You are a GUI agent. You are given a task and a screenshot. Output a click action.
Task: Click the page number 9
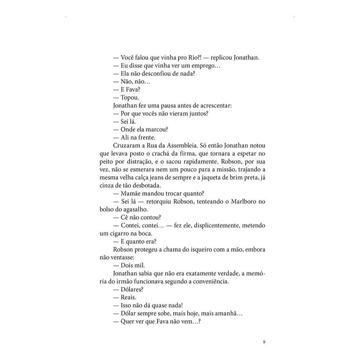[x=264, y=342]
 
